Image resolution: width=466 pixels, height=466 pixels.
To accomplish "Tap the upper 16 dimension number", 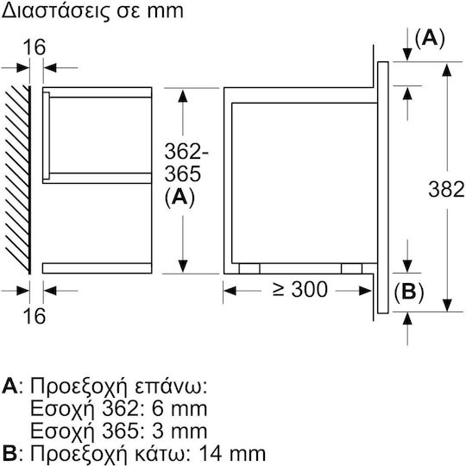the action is coord(35,47).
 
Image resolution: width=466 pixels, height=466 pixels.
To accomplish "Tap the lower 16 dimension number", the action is coord(35,316).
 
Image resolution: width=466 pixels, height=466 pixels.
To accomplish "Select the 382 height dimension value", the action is coord(446,189).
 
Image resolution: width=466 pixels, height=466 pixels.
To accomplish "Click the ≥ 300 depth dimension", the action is coord(299,289).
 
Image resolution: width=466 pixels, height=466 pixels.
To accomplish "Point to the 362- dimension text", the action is coord(186,151).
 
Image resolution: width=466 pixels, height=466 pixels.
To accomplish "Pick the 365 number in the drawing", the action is coord(182,173).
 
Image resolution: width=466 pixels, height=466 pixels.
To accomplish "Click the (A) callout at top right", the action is coord(430,39).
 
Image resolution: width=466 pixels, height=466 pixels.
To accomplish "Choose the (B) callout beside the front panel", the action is coord(409,293).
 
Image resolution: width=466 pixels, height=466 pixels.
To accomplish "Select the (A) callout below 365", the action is coord(179,197).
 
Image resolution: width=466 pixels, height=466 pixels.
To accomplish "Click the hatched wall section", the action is coord(18,179).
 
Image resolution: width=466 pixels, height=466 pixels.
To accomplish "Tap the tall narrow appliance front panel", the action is coord(383,187).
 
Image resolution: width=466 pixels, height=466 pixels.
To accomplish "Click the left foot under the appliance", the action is coord(249,268).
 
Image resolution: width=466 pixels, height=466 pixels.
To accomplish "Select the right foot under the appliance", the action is coord(351,268).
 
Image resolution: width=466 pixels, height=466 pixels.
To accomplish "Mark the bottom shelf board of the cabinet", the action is coord(98,268).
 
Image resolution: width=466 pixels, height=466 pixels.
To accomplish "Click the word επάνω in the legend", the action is coord(171,387).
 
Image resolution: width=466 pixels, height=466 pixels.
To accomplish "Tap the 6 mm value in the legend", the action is coord(179,409).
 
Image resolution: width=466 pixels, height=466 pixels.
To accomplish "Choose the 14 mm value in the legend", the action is coord(232,454).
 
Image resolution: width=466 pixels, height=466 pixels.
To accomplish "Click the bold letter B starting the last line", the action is coord(9,454).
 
